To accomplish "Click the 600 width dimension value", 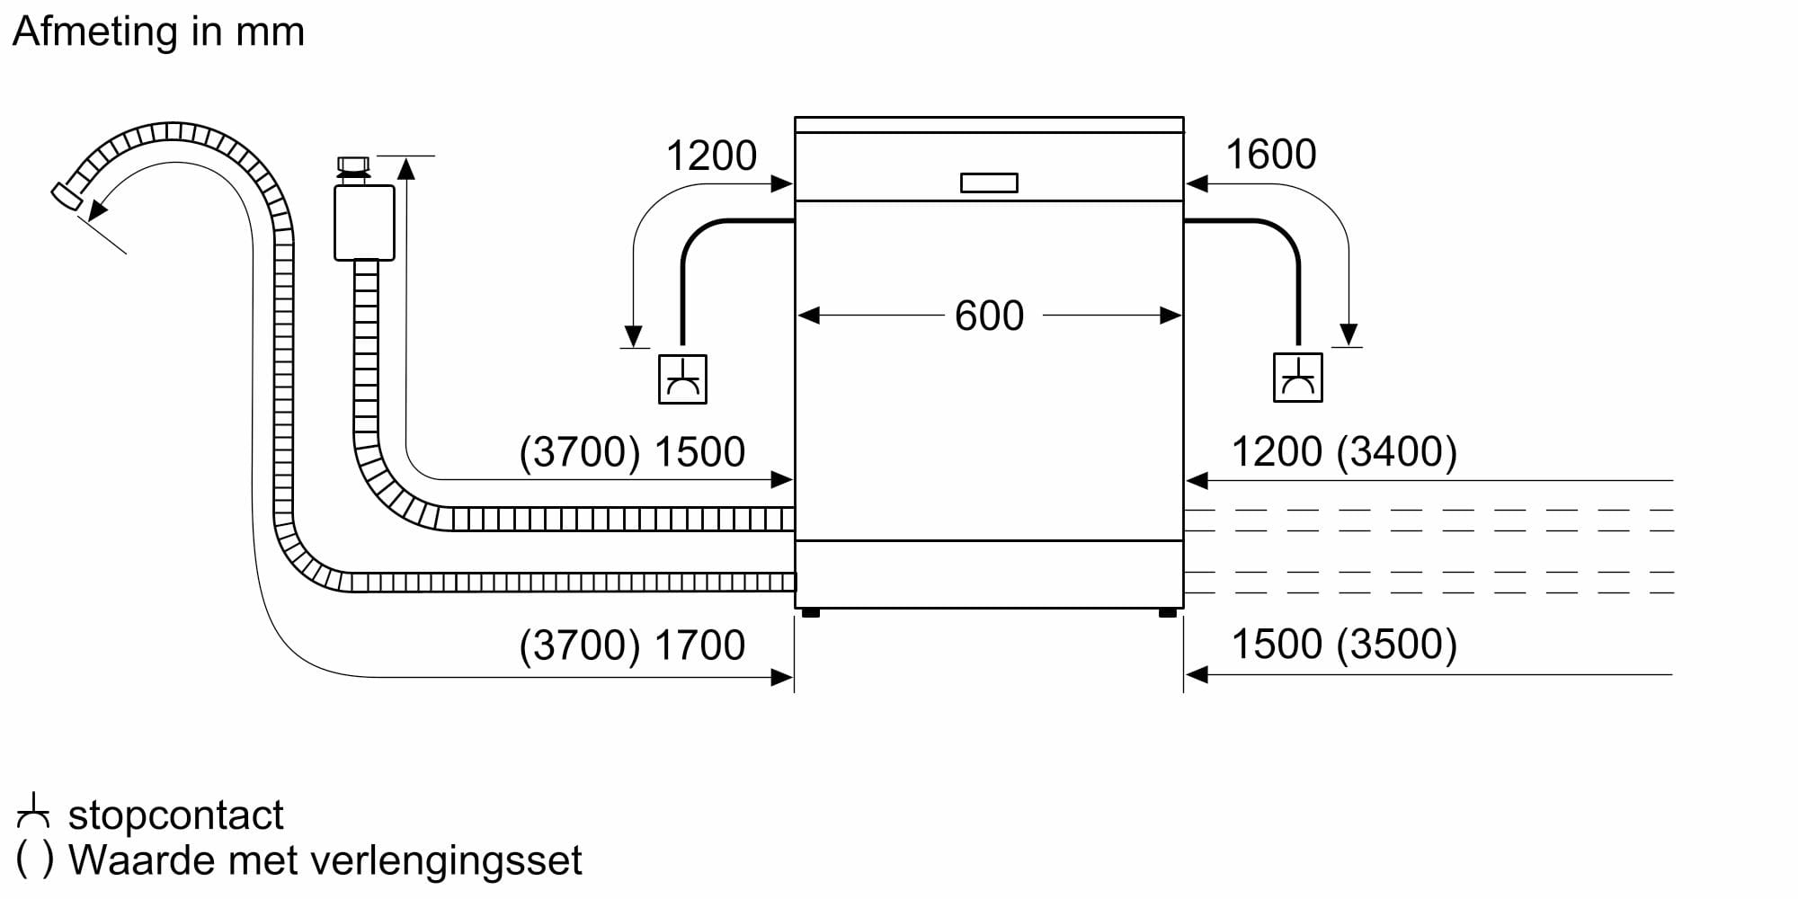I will [x=989, y=316].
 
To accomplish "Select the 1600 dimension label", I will [x=1270, y=155].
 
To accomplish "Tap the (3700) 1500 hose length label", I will [x=632, y=452].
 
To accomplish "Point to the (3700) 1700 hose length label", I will [x=632, y=645].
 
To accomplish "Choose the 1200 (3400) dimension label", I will [x=1343, y=451].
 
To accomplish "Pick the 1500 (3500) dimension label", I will [x=1343, y=645].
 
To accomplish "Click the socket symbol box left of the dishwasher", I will [x=682, y=379].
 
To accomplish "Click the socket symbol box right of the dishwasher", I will [x=1297, y=378].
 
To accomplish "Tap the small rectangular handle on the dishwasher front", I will [x=989, y=182].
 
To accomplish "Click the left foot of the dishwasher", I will [x=810, y=613].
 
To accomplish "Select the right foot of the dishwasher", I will [x=1168, y=613].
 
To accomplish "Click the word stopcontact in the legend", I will [x=175, y=815].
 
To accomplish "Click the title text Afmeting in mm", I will [x=158, y=31].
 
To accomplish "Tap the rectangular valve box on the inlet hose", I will [x=364, y=223].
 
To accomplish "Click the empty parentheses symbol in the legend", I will [x=35, y=860].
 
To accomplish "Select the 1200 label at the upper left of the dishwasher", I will [x=711, y=156].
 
